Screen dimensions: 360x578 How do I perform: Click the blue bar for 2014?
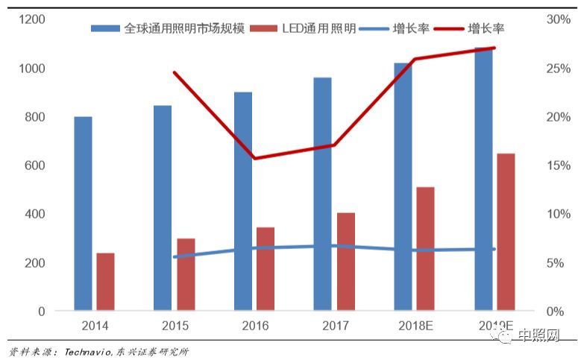point(83,213)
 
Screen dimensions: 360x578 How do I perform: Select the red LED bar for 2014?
point(106,282)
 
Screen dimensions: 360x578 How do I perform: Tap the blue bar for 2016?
point(243,201)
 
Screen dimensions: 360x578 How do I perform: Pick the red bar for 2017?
point(346,262)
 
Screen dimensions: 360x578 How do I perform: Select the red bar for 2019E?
point(506,232)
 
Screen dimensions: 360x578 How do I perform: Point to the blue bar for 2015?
point(163,208)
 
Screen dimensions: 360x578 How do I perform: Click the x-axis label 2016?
point(255,326)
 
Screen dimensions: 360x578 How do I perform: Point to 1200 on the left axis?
point(31,19)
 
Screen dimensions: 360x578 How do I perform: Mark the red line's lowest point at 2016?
point(255,158)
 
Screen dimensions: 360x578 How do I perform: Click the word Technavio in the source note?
point(88,351)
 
